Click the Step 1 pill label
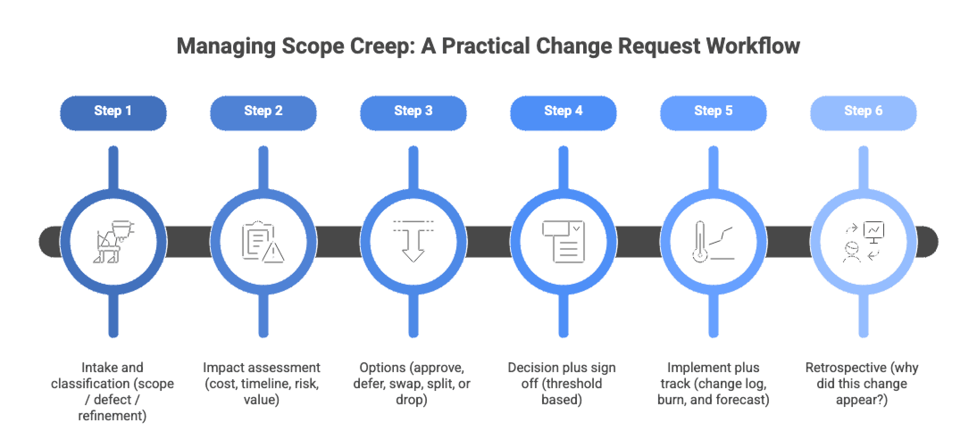113,111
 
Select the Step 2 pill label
263,111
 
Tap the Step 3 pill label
413,111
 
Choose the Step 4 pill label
563,111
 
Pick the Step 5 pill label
713,111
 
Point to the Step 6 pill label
863,111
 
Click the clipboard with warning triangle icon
263,242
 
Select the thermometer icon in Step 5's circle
700,242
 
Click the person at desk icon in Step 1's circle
113,242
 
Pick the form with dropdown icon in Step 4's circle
563,242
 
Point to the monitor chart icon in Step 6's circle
874,232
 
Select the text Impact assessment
261,368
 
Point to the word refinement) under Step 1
112,416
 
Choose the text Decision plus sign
561,368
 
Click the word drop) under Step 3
411,400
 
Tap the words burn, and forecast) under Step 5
713,400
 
